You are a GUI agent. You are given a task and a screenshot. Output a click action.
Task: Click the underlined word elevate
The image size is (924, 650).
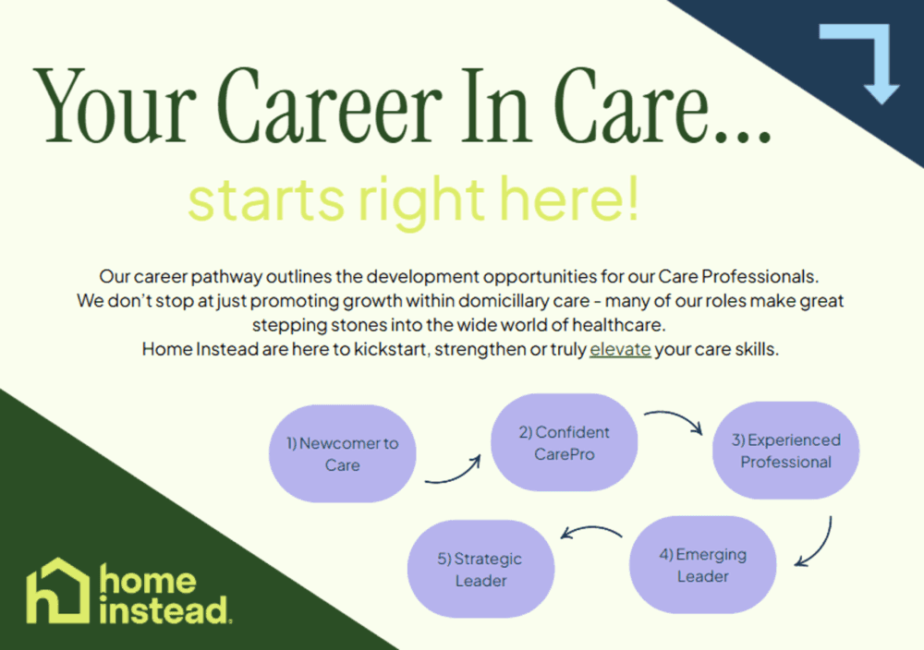[x=620, y=350]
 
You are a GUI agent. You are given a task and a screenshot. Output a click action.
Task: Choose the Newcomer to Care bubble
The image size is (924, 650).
[x=342, y=454]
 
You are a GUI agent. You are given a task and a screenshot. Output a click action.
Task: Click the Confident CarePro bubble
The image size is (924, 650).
[x=564, y=443]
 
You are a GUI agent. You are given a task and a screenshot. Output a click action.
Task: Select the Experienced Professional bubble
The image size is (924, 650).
[x=785, y=451]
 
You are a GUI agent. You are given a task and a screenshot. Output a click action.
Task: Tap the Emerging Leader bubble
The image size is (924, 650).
[x=702, y=565]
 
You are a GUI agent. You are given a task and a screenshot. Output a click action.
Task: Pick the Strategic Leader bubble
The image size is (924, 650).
[x=480, y=570]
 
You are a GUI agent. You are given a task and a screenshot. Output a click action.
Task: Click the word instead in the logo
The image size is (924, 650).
[x=164, y=609]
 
